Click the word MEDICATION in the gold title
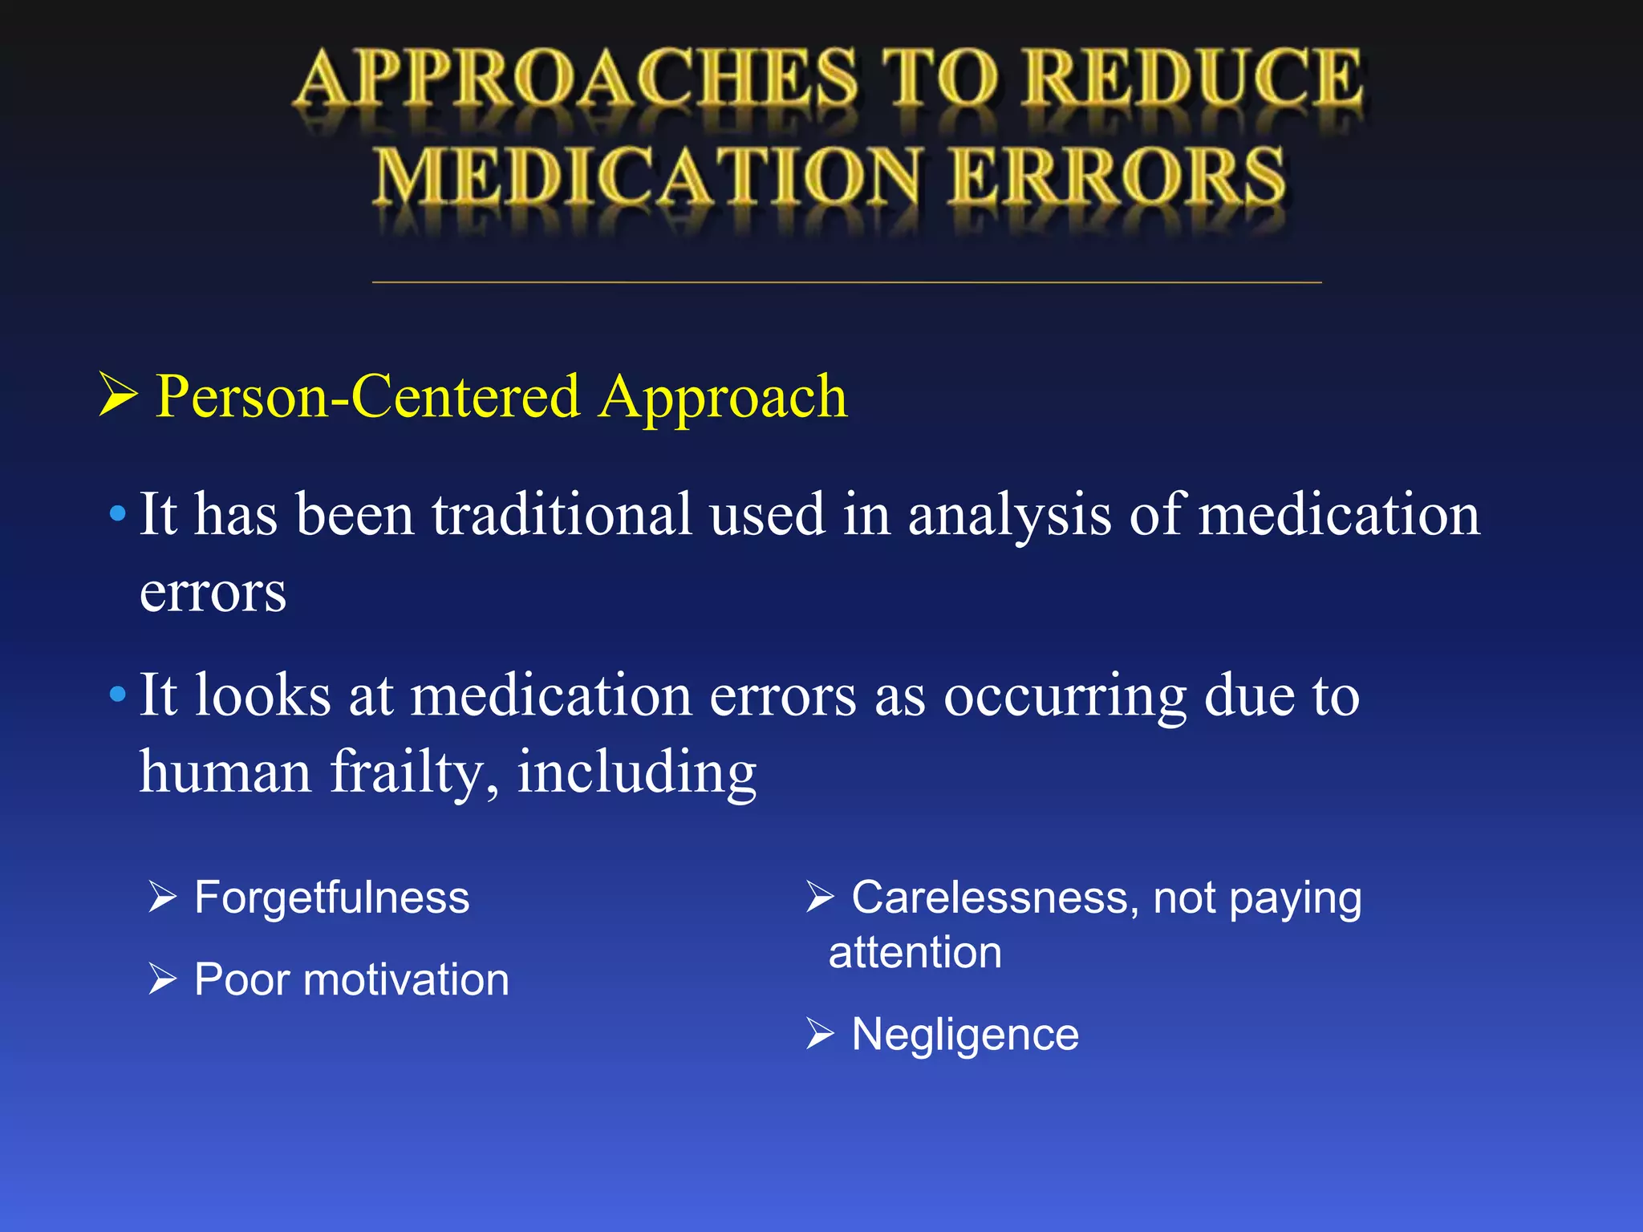tap(647, 176)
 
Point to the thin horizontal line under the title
tap(846, 282)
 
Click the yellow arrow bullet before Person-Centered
tap(118, 395)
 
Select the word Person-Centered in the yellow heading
tap(367, 396)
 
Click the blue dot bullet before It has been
tap(118, 513)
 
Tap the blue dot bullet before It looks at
tap(118, 694)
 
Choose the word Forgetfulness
tap(331, 898)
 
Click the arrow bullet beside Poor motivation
tap(162, 979)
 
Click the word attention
tap(915, 953)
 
